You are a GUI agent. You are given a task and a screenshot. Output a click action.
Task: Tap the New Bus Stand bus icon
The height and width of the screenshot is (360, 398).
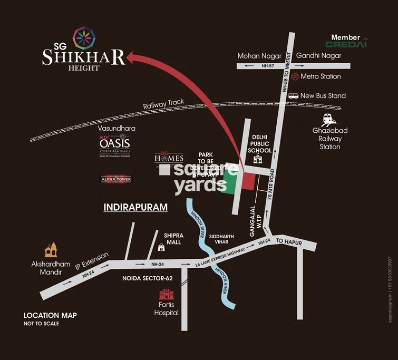tap(294, 96)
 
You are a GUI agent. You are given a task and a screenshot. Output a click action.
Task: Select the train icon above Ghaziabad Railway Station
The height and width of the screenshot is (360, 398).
tap(329, 119)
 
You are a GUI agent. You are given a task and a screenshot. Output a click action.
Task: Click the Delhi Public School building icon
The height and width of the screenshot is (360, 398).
tap(258, 160)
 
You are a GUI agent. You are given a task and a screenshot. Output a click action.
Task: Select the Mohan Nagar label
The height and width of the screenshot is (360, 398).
tap(255, 55)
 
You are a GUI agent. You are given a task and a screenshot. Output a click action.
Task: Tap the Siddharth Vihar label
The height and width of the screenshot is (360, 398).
tap(220, 240)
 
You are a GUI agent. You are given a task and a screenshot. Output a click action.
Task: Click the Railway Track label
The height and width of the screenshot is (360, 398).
tap(163, 106)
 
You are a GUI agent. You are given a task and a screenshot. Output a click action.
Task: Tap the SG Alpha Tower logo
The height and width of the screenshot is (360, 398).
tap(116, 179)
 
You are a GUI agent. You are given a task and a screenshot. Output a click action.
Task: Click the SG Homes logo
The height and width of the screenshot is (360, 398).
tap(169, 157)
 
